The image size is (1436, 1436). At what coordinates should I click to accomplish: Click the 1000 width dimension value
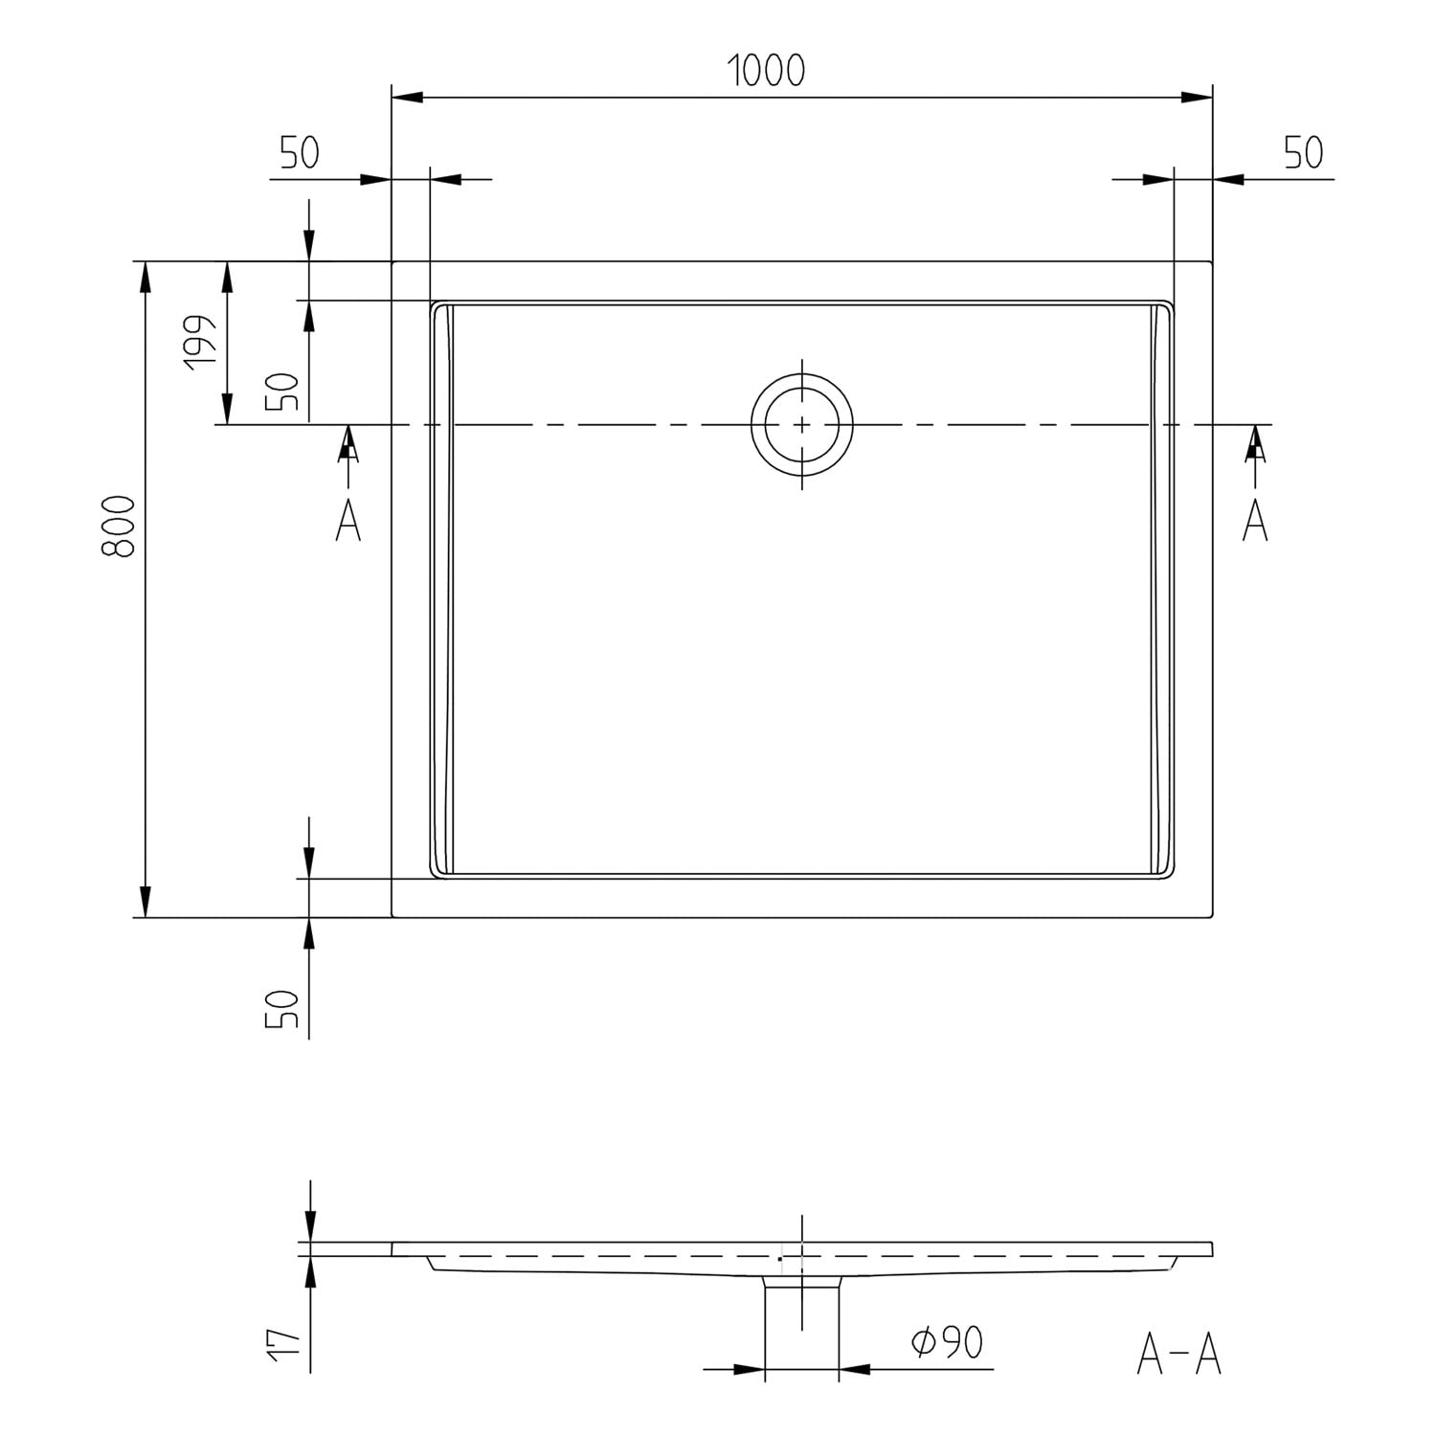tap(766, 71)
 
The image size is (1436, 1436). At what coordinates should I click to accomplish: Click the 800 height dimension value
tap(119, 527)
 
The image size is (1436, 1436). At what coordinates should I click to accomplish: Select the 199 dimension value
tap(201, 342)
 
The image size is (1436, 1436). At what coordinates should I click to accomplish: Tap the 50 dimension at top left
tap(300, 153)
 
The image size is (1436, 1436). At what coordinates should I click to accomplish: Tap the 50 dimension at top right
tap(1303, 153)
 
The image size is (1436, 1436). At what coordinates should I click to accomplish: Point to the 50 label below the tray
tap(283, 1010)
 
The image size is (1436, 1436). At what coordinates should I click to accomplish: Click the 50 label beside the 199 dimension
tap(283, 392)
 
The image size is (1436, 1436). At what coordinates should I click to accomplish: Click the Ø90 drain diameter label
tap(948, 1342)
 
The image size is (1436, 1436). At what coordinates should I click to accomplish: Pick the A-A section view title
tap(1179, 1354)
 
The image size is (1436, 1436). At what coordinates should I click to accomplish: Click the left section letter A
tap(348, 520)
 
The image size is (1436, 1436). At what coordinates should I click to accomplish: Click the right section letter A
tap(1255, 520)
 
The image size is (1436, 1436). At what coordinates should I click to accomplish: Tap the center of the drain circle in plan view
tap(801, 424)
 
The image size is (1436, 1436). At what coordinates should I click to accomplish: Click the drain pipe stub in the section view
tap(801, 1327)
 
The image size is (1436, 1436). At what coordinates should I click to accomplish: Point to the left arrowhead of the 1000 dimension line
tap(408, 98)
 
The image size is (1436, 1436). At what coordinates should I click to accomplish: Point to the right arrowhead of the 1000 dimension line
tap(1197, 98)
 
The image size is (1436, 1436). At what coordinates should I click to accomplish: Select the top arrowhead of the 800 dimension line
tap(145, 277)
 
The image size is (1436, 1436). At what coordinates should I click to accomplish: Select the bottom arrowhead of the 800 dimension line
tap(145, 901)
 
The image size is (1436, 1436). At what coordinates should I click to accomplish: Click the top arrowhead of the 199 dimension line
tap(227, 277)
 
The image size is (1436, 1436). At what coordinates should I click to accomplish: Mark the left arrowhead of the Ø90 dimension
tap(749, 1370)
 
